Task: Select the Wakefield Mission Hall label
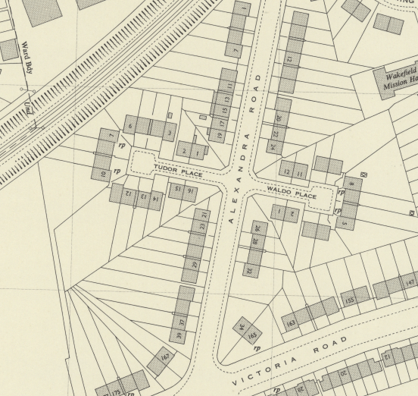pyautogui.click(x=399, y=79)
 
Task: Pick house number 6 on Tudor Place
pyautogui.click(x=130, y=126)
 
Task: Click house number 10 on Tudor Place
pyautogui.click(x=104, y=174)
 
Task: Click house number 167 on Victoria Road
pyautogui.click(x=164, y=357)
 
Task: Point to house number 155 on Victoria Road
pyautogui.click(x=349, y=298)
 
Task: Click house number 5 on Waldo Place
pyautogui.click(x=344, y=223)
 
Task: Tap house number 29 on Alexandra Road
pyautogui.click(x=195, y=265)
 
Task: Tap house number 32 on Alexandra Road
pyautogui.click(x=248, y=268)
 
